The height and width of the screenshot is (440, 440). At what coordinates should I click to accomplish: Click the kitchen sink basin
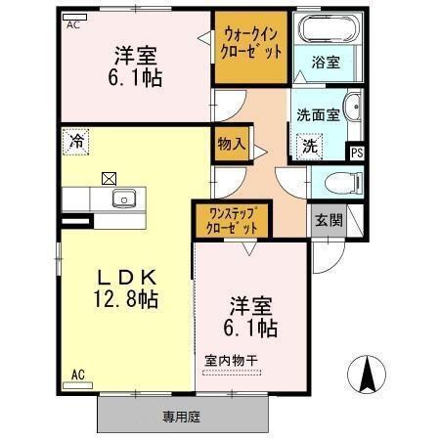(124, 199)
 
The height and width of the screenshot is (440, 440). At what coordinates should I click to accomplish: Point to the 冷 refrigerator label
(74, 141)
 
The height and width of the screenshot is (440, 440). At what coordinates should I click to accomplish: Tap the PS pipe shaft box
(356, 152)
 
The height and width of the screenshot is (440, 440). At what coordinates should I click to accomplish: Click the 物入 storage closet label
(230, 144)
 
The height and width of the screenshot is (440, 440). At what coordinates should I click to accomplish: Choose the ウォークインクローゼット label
(252, 44)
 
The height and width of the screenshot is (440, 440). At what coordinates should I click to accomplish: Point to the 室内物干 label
(231, 361)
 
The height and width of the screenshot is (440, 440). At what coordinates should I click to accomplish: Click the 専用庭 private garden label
(181, 417)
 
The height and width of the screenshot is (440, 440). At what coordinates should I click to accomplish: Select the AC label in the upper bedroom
(73, 27)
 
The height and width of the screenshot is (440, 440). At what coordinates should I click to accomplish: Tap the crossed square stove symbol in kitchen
(108, 179)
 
